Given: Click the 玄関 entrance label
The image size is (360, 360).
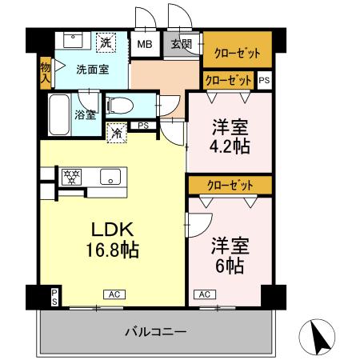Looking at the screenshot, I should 181,44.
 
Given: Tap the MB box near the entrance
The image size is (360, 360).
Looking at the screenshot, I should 145,44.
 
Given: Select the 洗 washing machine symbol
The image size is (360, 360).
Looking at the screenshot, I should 106,42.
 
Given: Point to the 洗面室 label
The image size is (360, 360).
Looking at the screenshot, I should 91,70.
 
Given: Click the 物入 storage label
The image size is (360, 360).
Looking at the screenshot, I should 45,74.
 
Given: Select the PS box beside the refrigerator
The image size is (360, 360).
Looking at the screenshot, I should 143,126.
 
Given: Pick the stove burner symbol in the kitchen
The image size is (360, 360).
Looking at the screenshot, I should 70,174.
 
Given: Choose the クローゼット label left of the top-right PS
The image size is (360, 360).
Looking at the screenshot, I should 228,80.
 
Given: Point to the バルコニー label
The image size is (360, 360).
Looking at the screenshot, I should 156,330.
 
